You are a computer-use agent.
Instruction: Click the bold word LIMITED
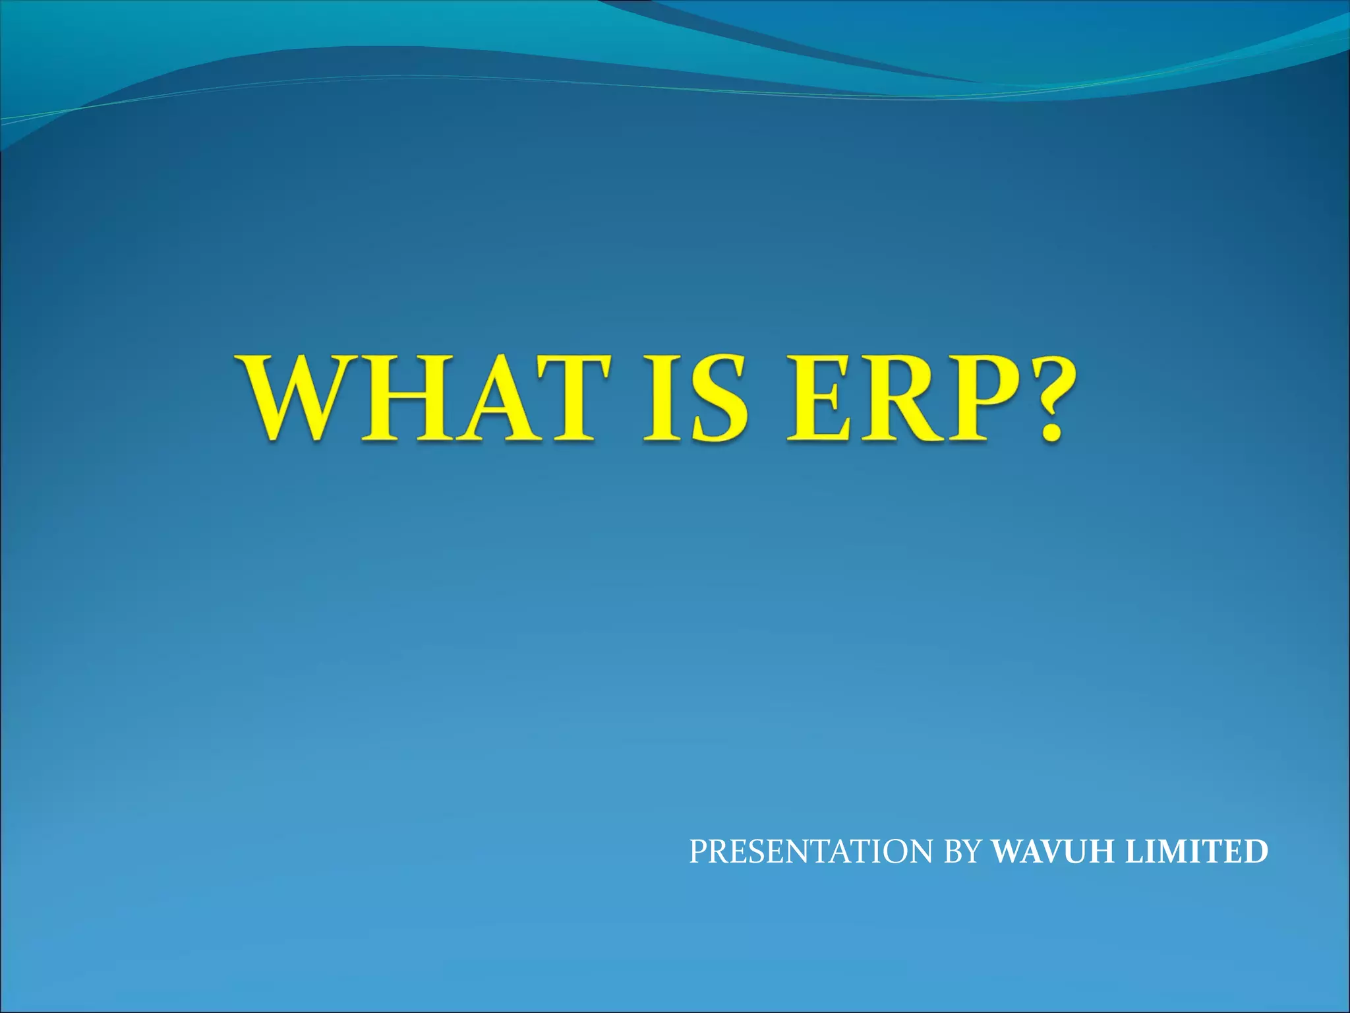[x=1196, y=851]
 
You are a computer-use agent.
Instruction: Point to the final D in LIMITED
[x=1256, y=851]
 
